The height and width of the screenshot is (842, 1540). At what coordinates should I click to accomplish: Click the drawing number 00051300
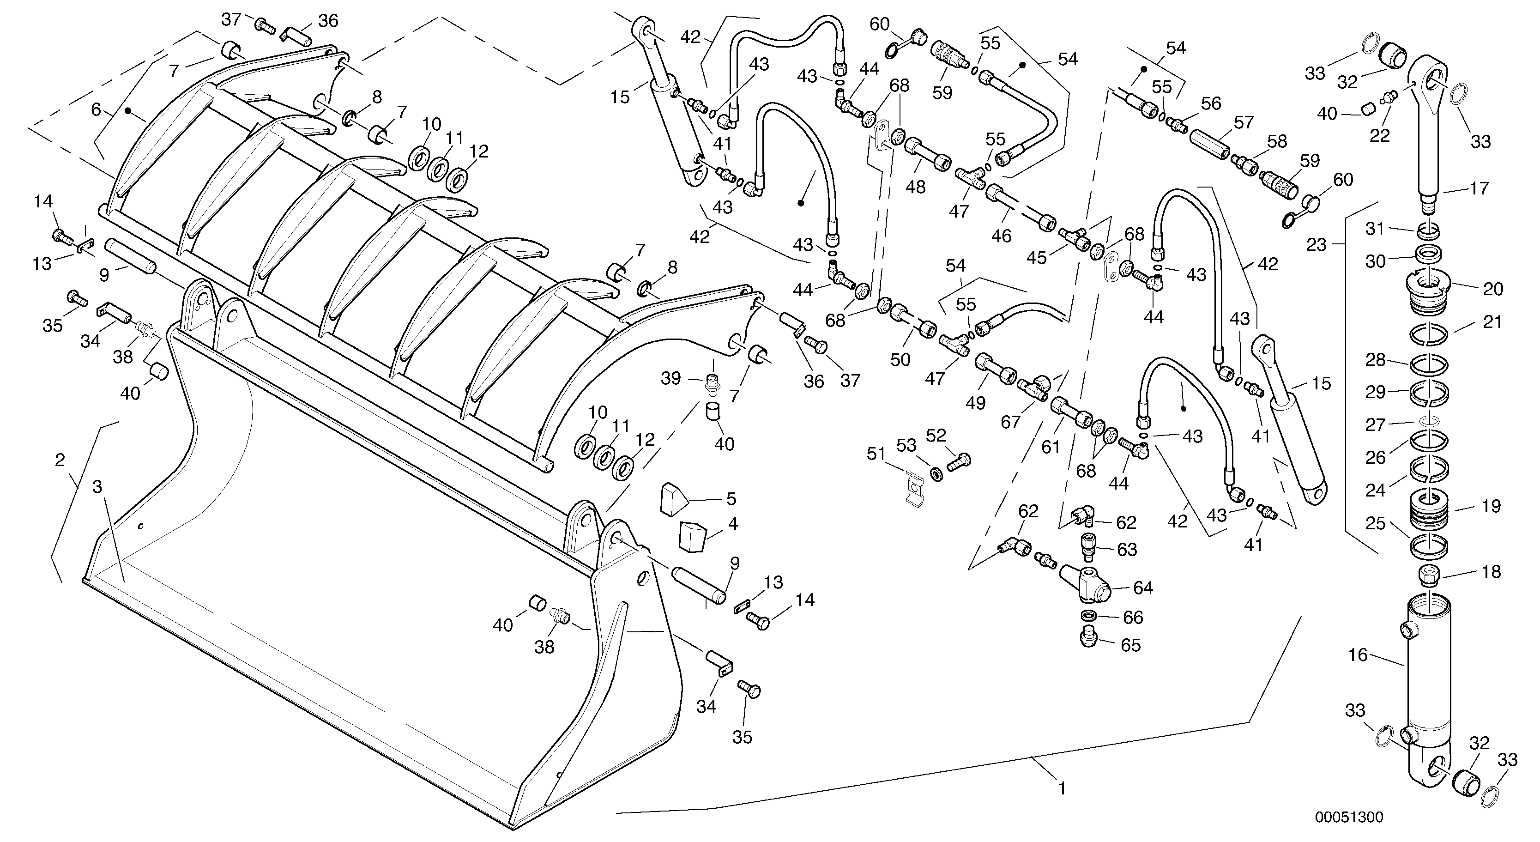coord(1349,817)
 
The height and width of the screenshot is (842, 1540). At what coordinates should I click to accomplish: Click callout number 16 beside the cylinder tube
coord(1358,655)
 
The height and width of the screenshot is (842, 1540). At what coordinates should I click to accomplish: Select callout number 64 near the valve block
coord(1143,588)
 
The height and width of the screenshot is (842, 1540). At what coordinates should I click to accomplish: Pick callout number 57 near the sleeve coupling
coord(1244,122)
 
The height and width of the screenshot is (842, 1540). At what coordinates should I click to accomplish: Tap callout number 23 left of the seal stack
coord(1317,245)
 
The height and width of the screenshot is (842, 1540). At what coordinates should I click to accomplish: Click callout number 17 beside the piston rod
coord(1479,188)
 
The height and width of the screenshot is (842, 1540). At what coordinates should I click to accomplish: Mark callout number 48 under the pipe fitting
coord(915,187)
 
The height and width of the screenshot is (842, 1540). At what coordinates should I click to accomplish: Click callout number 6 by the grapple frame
coord(96,109)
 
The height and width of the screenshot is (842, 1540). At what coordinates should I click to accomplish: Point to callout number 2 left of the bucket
coord(59,460)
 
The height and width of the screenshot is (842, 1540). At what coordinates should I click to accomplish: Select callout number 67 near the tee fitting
coord(1010,422)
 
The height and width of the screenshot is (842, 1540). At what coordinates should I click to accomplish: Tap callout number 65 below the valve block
coord(1130,645)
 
